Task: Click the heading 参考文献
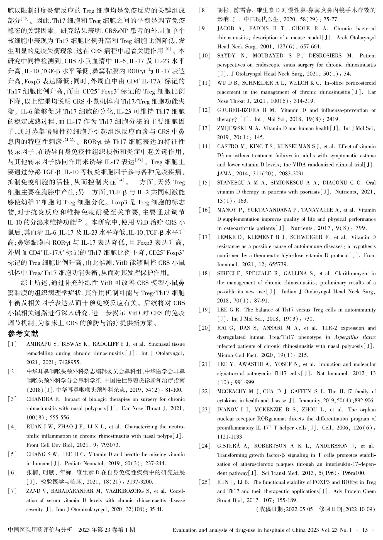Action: [23, 333]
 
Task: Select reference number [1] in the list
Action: [12, 344]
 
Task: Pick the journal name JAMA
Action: [224, 174]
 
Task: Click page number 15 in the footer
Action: [365, 530]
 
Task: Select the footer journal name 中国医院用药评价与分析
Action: [40, 530]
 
